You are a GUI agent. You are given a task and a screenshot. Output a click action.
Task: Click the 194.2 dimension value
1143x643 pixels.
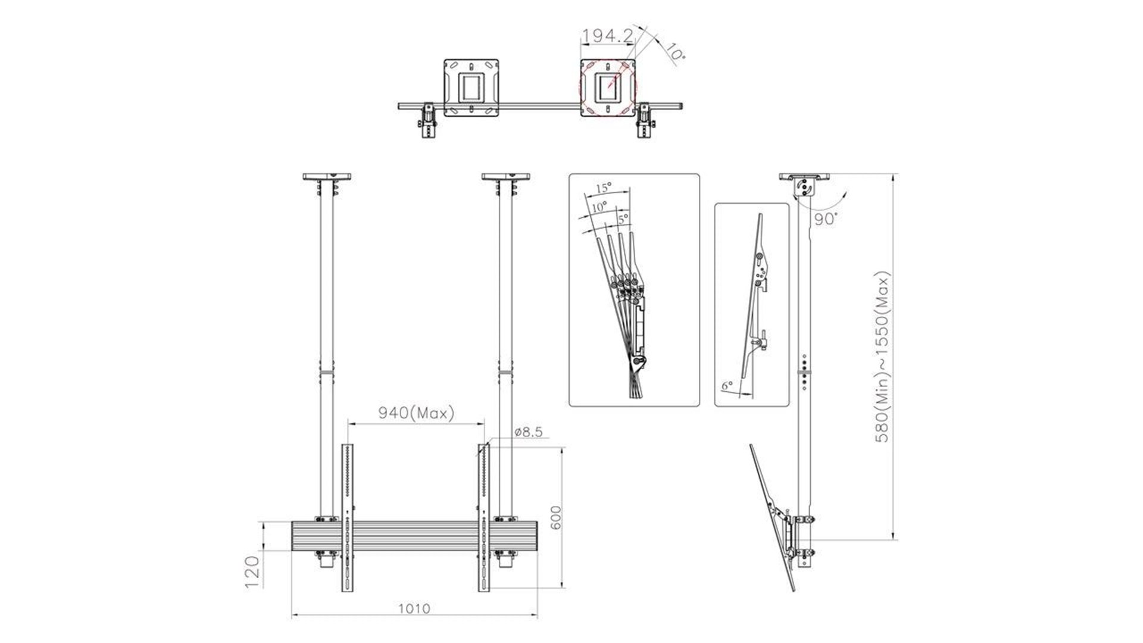pos(607,36)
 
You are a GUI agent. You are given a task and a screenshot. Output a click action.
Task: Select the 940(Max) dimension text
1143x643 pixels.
pos(416,413)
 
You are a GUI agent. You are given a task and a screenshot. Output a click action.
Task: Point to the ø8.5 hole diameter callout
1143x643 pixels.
pos(529,432)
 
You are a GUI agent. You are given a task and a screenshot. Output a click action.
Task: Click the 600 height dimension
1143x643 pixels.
pos(555,518)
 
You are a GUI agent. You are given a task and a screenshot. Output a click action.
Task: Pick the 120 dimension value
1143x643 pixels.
pos(252,572)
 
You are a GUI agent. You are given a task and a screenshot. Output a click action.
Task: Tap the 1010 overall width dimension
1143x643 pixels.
pos(414,608)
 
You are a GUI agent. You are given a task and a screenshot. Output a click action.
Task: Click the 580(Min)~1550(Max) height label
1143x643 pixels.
pos(882,357)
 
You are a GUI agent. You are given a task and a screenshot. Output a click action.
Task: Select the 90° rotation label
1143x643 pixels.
pos(826,219)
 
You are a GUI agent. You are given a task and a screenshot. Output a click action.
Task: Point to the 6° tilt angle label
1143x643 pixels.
pos(727,386)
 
